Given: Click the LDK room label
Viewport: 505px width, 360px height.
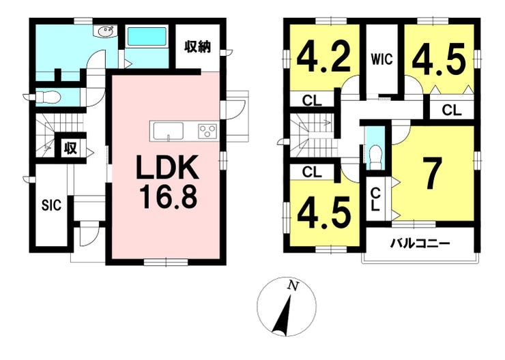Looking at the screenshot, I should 169,168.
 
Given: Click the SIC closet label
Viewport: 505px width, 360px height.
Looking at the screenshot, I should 50,205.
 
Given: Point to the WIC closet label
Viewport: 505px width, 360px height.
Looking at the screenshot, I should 381,59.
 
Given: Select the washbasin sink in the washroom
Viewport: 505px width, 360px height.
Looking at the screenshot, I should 106,31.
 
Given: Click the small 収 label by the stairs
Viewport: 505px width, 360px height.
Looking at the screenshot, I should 70,148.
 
